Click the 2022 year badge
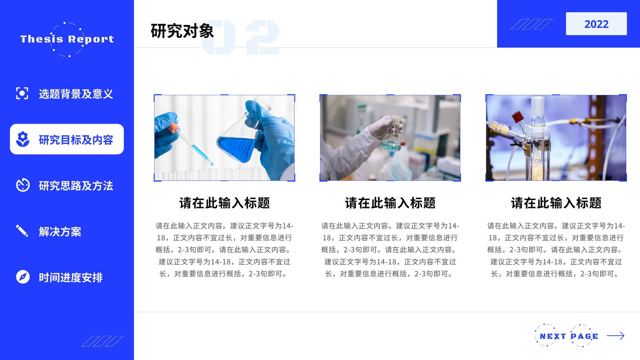click(x=596, y=24)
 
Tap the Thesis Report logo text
click(x=67, y=39)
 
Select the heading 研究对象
click(x=182, y=31)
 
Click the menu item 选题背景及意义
click(x=76, y=94)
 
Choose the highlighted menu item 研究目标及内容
click(x=76, y=140)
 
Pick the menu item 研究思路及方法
click(x=76, y=186)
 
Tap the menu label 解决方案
click(x=60, y=232)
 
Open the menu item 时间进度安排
click(x=70, y=278)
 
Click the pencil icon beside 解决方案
click(x=22, y=231)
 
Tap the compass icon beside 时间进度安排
click(x=23, y=276)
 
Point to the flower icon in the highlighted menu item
click(x=23, y=139)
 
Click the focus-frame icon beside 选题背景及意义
click(x=22, y=93)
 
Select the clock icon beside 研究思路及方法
click(x=23, y=185)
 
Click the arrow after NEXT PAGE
click(x=616, y=336)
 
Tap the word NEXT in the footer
click(x=552, y=336)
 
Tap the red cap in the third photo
click(x=518, y=117)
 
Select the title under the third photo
click(x=556, y=203)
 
